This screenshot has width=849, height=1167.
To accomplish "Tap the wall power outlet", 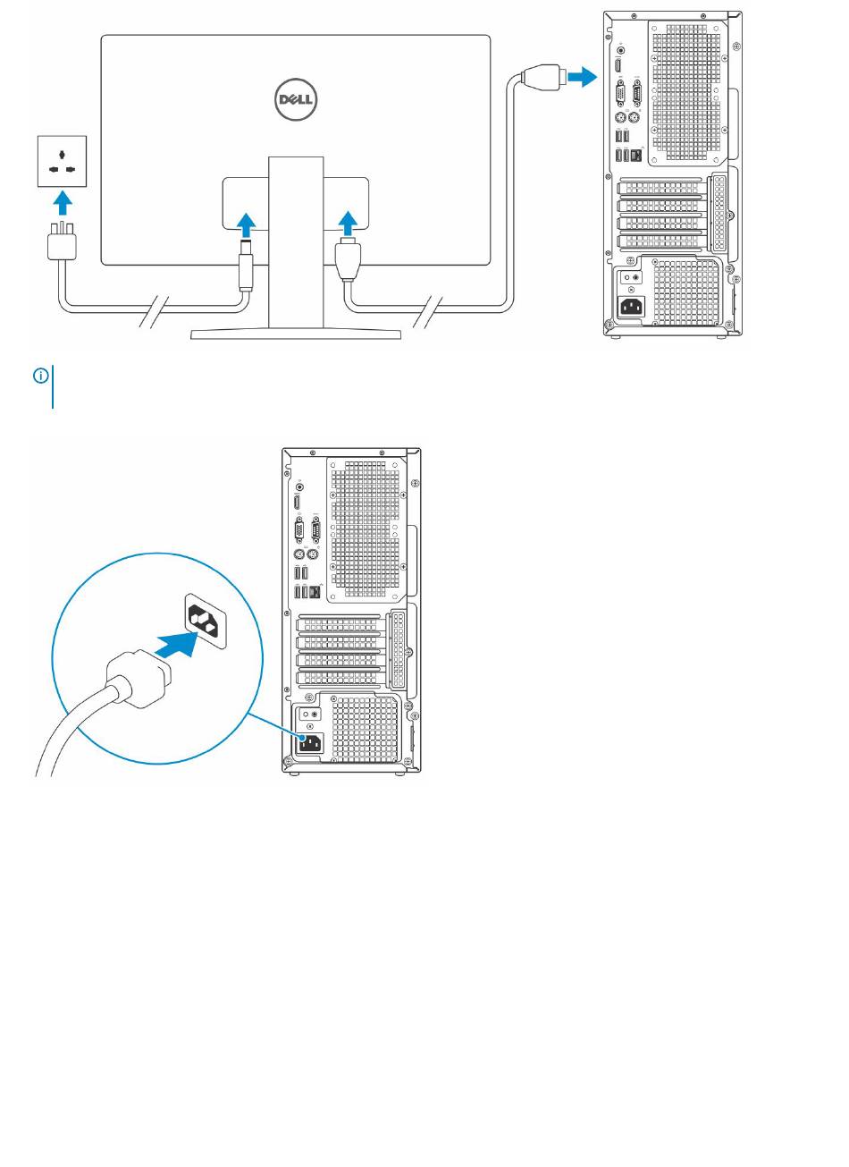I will pyautogui.click(x=61, y=159).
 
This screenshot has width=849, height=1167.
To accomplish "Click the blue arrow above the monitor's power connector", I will pyautogui.click(x=246, y=222).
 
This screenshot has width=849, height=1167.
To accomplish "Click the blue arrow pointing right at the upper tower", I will pyautogui.click(x=581, y=77).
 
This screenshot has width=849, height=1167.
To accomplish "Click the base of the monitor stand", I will pyautogui.click(x=296, y=334).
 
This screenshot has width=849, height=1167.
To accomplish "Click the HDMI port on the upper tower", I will pyautogui.click(x=618, y=67).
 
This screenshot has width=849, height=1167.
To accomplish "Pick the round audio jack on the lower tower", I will pyautogui.click(x=298, y=487).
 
